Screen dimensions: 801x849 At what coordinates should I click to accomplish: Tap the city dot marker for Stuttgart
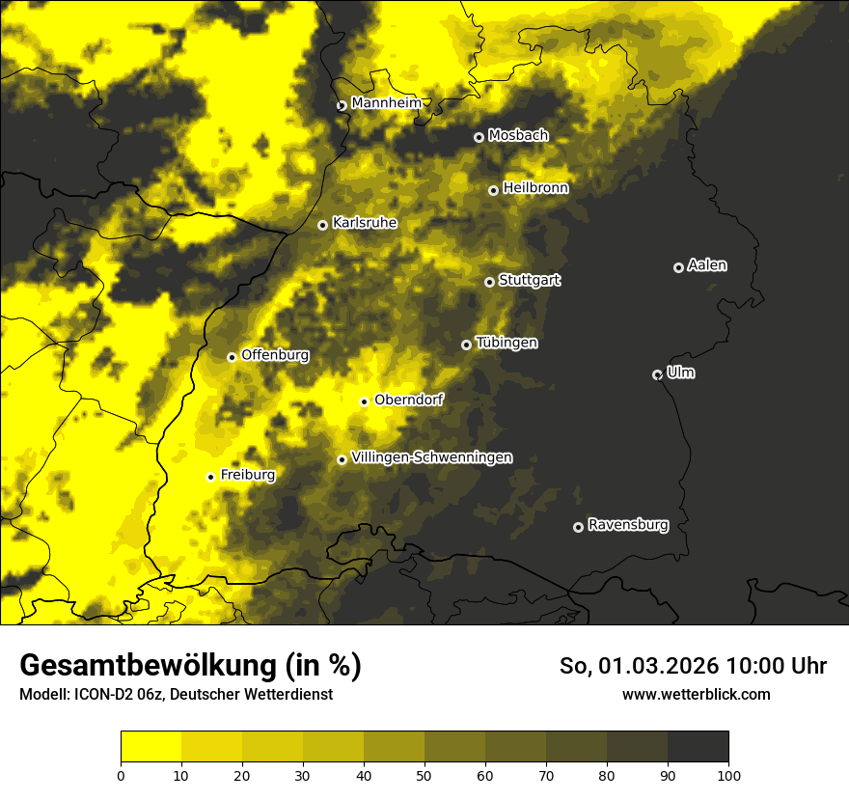point(489,282)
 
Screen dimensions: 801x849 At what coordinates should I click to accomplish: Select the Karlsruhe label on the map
point(365,222)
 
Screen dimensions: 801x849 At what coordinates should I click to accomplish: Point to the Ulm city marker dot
point(657,374)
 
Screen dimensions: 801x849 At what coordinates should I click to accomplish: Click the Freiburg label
point(247,475)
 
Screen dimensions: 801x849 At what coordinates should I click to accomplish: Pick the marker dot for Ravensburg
point(578,527)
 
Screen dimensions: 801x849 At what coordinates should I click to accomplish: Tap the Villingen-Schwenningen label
point(432,457)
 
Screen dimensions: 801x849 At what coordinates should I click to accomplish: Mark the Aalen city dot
point(678,267)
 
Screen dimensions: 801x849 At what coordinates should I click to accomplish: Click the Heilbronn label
point(535,188)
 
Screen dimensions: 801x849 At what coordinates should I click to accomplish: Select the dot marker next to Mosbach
point(479,137)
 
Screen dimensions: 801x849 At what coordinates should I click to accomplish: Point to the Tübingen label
point(507,343)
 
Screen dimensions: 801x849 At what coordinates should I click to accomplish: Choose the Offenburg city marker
point(232,357)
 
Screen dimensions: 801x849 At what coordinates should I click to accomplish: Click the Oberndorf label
point(409,400)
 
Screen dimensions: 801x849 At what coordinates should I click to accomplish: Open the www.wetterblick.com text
point(697,694)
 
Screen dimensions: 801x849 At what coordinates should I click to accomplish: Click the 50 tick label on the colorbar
point(424,775)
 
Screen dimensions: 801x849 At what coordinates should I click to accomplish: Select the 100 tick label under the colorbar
point(728,775)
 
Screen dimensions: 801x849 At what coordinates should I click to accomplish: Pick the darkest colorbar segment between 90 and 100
point(698,746)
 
